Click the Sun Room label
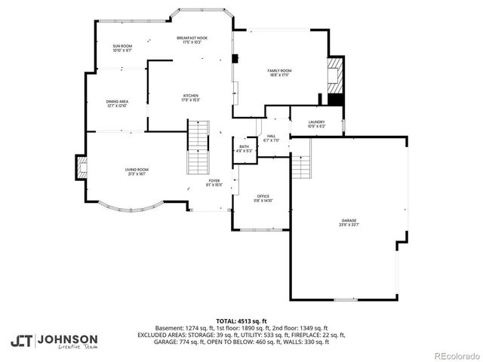point(122,48)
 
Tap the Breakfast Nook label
point(192,39)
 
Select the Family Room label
point(279,72)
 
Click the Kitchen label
point(190,97)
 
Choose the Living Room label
point(137,171)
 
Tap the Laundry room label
point(317,124)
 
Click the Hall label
point(272,138)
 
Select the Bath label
point(244,149)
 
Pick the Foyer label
point(214,183)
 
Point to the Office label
point(263,198)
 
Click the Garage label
point(348,222)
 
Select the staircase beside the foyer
point(198,149)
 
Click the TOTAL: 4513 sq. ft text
point(241,321)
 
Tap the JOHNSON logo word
point(68,339)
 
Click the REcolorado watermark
point(455,355)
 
